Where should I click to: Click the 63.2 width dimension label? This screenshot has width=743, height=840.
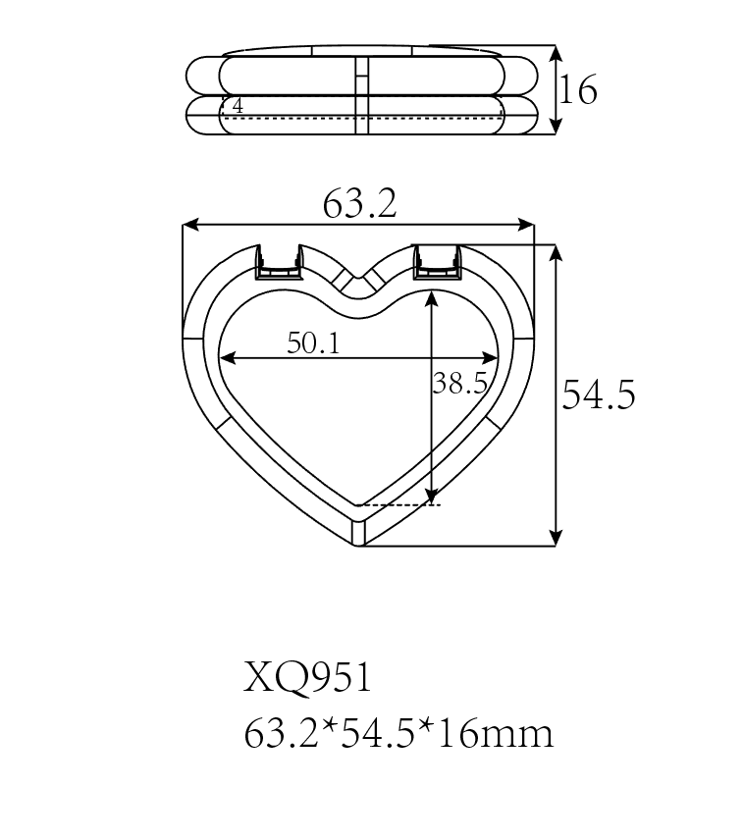[359, 205]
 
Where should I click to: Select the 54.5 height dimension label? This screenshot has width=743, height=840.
[599, 395]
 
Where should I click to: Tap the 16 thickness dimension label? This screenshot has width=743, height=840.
[579, 90]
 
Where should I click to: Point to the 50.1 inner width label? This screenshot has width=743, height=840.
[313, 343]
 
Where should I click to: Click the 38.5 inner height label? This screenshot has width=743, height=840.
[460, 384]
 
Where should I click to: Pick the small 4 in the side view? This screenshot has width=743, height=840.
[238, 106]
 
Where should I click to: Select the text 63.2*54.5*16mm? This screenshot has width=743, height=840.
[398, 733]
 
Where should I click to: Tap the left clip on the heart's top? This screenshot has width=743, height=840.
[279, 262]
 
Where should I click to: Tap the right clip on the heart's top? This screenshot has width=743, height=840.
[438, 262]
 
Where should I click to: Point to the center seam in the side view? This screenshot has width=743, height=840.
[360, 93]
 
